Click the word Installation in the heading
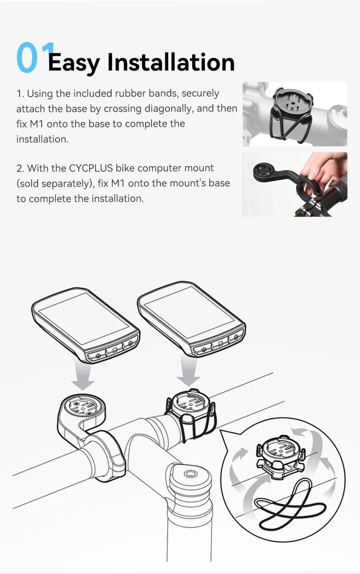click(171, 62)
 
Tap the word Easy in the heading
click(74, 63)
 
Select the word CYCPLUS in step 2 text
click(91, 168)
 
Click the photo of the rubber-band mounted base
click(294, 114)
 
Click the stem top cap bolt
click(190, 474)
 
